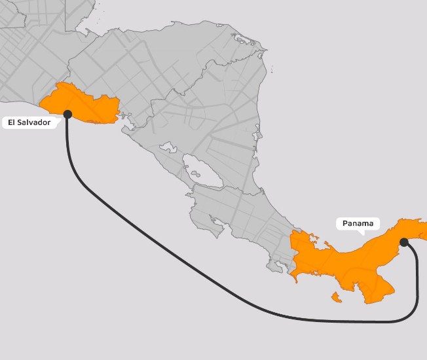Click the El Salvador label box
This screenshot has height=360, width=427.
tap(29, 122)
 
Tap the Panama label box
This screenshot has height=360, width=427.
tap(358, 223)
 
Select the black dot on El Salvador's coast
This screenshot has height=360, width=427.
tap(67, 114)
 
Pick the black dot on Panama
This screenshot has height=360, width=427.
tap(403, 242)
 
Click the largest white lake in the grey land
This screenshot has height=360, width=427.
tap(202, 171)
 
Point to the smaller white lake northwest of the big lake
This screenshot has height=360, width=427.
tap(168, 147)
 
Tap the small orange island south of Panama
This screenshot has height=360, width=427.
tap(337, 298)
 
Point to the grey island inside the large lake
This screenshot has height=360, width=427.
tap(195, 175)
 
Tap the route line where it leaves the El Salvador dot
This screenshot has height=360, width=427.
tap(68, 128)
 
